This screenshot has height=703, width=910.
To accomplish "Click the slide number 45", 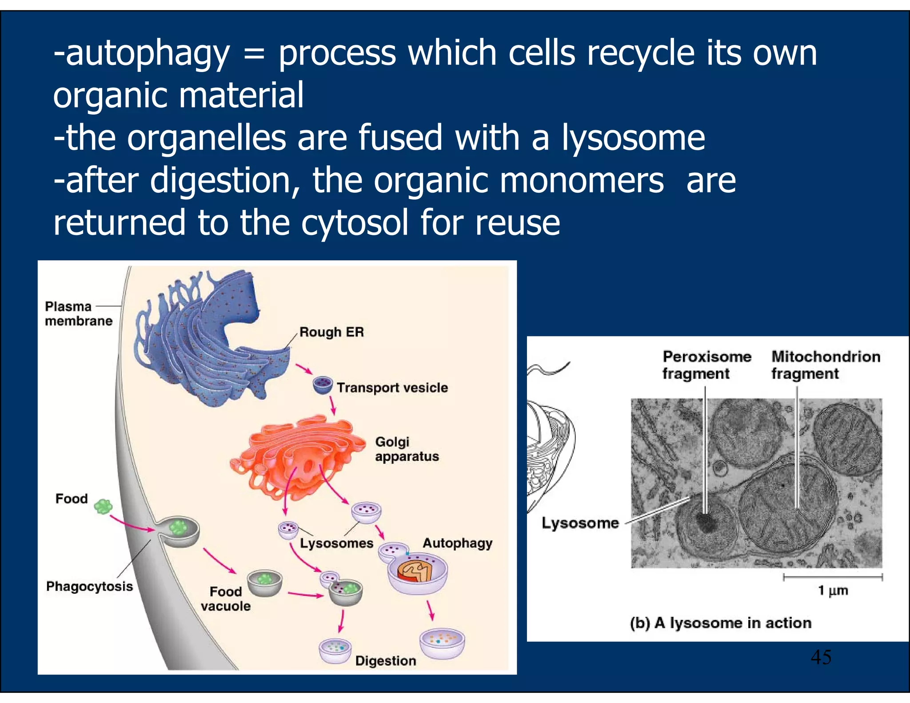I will click(x=821, y=657).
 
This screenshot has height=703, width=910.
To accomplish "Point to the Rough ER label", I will click(x=331, y=332).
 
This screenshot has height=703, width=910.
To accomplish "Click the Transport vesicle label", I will click(x=392, y=387).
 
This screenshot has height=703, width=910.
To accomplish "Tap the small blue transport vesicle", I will click(x=323, y=385).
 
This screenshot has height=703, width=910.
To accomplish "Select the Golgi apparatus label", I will click(x=407, y=449).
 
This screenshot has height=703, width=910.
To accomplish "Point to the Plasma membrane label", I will click(x=78, y=314).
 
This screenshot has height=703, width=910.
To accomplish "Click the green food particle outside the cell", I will click(x=104, y=506).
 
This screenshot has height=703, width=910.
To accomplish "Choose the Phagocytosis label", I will click(x=89, y=587).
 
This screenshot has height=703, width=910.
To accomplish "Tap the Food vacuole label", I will click(x=225, y=599).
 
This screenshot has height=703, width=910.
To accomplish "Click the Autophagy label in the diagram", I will click(x=457, y=543).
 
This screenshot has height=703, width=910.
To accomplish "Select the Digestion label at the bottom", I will click(x=386, y=661).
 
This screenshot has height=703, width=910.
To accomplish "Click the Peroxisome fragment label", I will click(x=706, y=365).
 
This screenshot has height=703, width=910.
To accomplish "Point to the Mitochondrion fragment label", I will click(x=826, y=365).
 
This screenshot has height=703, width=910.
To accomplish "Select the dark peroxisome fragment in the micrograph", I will click(x=705, y=522).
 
